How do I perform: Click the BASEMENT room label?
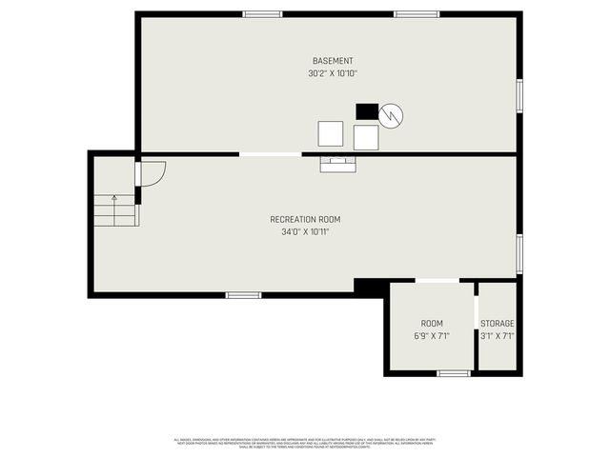pyautogui.click(x=333, y=61)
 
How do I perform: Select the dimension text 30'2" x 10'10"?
pyautogui.click(x=333, y=73)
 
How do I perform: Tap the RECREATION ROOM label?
pyautogui.click(x=305, y=219)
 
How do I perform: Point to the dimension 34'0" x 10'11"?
pyautogui.click(x=305, y=231)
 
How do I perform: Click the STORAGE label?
pyautogui.click(x=497, y=324)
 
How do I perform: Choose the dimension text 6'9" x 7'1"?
pyautogui.click(x=432, y=336)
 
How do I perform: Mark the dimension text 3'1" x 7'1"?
pyautogui.click(x=497, y=336)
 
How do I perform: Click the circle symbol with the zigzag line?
pyautogui.click(x=391, y=116)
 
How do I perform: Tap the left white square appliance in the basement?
pyautogui.click(x=331, y=133)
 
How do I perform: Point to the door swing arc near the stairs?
pyautogui.click(x=152, y=173)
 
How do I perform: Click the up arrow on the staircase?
pyautogui.click(x=114, y=200)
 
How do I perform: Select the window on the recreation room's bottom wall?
pyautogui.click(x=243, y=295)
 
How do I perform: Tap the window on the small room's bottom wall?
pyautogui.click(x=454, y=373)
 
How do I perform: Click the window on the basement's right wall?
pyautogui.click(x=519, y=95)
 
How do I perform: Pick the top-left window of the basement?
pyautogui.click(x=262, y=14)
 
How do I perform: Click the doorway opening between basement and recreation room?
pyautogui.click(x=270, y=154)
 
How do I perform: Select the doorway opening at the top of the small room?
pyautogui.click(x=437, y=280)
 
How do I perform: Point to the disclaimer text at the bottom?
pyautogui.click(x=305, y=442)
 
